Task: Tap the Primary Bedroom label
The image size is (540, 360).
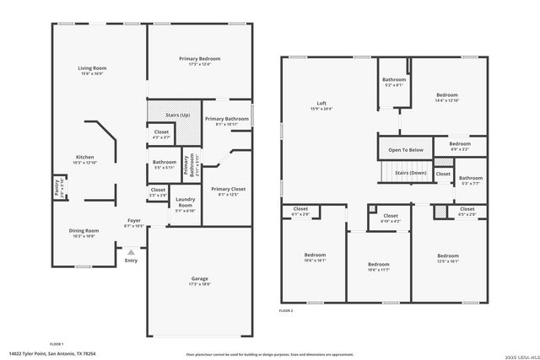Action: (199, 59)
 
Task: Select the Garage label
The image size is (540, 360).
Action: (200, 279)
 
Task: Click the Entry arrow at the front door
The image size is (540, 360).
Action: (130, 251)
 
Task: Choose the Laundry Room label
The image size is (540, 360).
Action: (185, 203)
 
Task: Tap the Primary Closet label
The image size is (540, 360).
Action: (228, 190)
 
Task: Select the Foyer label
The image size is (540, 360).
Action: (133, 219)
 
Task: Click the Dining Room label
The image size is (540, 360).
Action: (84, 231)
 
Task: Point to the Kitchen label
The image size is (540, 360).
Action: (85, 158)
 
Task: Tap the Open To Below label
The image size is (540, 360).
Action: (405, 149)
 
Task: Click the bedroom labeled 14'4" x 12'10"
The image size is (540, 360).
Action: (447, 96)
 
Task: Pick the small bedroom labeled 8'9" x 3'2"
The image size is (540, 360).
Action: (460, 144)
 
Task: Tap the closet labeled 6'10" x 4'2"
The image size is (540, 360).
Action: (391, 216)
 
